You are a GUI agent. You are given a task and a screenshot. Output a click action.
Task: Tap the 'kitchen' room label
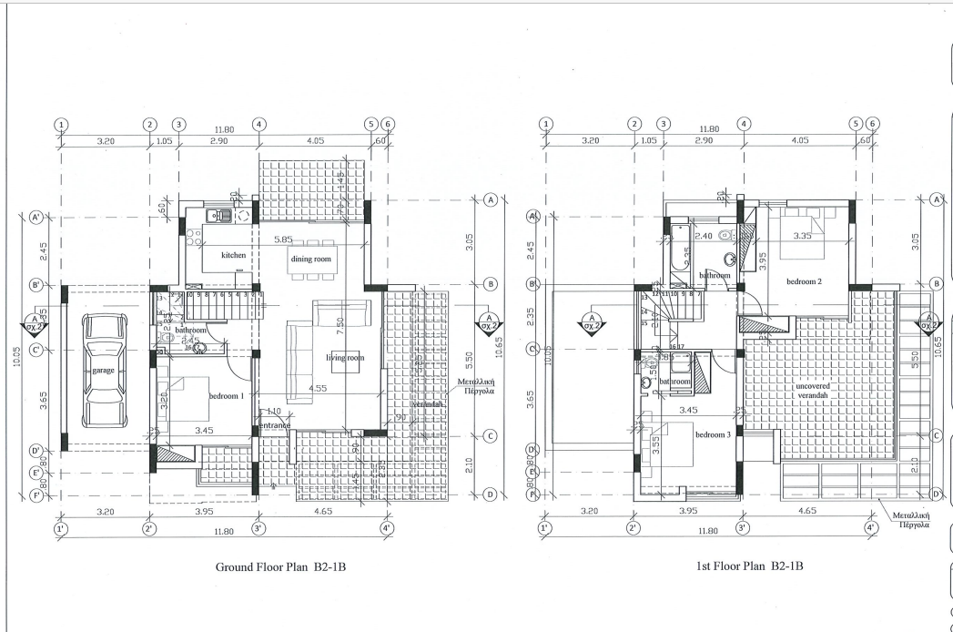[233, 256]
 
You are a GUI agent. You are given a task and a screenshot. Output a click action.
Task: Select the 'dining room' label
[310, 260]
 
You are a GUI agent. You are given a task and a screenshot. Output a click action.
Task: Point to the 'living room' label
[345, 358]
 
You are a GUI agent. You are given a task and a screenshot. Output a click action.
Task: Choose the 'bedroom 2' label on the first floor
[804, 280]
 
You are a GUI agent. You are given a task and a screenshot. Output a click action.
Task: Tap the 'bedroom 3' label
[714, 434]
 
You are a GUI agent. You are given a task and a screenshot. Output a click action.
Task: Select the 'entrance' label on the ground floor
[275, 425]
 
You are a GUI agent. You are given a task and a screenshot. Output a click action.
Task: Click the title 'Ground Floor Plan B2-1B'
[281, 566]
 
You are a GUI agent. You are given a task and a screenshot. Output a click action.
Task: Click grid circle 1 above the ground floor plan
[61, 125]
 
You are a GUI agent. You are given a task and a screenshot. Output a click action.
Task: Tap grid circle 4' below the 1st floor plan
[871, 527]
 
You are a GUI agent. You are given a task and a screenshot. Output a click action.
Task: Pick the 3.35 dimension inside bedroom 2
[802, 236]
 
